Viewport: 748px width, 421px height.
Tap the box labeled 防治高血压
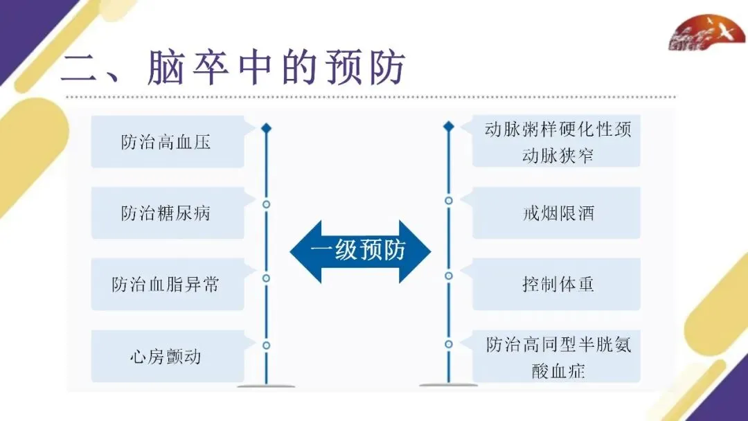(166, 143)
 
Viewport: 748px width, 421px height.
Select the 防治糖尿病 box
(166, 213)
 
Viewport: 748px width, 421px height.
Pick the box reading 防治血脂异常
(166, 285)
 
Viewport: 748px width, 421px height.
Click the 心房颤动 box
(166, 357)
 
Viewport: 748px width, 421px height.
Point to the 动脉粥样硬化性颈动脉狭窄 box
(558, 143)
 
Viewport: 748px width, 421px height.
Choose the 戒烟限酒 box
(558, 213)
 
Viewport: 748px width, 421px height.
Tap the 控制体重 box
(558, 285)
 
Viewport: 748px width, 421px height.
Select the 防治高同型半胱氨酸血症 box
(558, 357)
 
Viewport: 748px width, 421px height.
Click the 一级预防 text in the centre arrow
(358, 251)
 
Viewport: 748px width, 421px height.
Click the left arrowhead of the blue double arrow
(305, 251)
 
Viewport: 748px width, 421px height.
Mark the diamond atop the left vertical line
(266, 128)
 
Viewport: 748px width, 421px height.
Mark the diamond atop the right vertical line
(449, 126)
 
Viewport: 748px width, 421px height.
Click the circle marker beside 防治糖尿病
(266, 204)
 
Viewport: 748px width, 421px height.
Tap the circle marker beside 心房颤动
(266, 345)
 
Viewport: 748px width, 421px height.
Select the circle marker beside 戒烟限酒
(449, 201)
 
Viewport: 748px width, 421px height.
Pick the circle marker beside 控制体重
(449, 276)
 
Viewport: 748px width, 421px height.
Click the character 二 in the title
(82, 71)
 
